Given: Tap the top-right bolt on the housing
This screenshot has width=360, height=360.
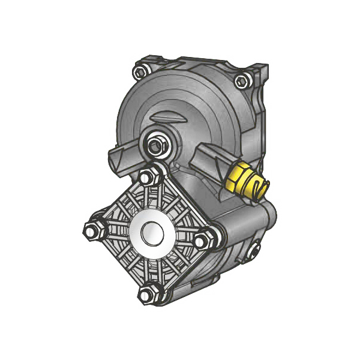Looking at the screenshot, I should [x=242, y=79].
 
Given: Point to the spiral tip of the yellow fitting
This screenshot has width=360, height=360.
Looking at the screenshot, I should [x=259, y=188].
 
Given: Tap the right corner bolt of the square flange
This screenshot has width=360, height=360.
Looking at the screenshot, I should [x=205, y=239].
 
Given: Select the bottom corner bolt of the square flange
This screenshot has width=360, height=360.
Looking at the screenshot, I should [x=148, y=293].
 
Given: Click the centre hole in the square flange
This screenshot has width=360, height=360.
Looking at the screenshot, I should [x=149, y=233].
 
